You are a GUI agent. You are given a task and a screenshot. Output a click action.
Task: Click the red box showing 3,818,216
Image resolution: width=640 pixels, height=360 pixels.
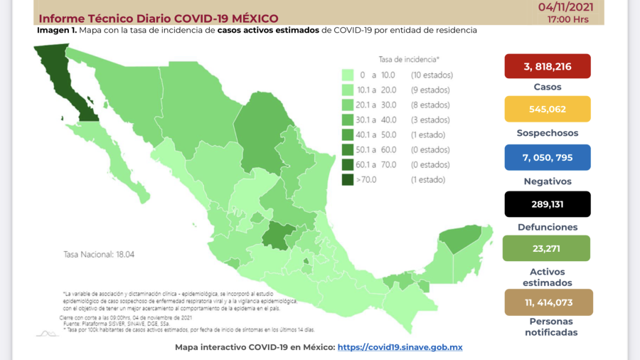(548, 66)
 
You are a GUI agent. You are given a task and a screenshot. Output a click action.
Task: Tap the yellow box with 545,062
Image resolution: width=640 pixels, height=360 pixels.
(548, 110)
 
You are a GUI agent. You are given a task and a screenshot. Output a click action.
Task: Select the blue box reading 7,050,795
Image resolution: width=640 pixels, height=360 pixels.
(548, 157)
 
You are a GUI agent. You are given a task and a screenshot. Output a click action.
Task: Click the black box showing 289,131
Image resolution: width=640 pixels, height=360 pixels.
(548, 203)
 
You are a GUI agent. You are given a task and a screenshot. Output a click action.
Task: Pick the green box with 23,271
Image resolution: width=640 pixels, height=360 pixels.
(548, 248)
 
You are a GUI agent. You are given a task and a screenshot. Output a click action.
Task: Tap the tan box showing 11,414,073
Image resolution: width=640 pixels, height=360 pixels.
(548, 302)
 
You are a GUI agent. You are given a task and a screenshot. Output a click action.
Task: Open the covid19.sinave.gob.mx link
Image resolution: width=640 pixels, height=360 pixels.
(400, 347)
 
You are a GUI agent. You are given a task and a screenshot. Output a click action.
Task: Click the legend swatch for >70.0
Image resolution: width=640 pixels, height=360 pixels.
(348, 180)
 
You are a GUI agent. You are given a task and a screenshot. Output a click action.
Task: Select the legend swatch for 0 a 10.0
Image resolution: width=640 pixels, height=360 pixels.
(348, 75)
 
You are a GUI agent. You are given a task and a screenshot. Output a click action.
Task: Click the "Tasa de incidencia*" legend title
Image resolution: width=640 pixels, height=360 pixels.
(409, 60)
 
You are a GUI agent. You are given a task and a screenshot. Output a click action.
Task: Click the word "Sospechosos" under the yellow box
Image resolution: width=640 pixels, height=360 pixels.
(548, 133)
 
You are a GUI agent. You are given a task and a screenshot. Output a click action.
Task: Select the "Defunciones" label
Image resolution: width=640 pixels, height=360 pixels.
(548, 227)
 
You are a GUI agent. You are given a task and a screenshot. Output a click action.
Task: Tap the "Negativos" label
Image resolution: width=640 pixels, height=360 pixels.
(548, 181)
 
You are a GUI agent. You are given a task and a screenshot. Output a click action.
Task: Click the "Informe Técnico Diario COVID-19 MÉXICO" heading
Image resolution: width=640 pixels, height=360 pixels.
(158, 18)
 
